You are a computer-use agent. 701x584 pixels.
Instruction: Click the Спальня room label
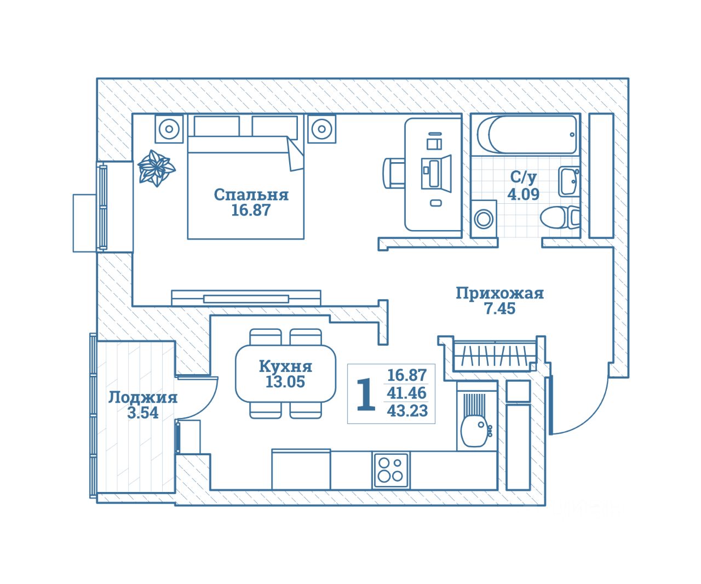click(x=251, y=194)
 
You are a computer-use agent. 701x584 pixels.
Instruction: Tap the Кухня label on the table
click(x=285, y=366)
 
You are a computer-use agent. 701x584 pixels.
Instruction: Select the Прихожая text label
click(x=499, y=294)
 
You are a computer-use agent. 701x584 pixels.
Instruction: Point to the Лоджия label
click(x=142, y=397)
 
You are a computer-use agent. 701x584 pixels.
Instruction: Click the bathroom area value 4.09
click(x=524, y=194)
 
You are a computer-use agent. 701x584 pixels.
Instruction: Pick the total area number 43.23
click(x=407, y=411)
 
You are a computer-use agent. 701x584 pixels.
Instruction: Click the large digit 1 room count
click(x=366, y=394)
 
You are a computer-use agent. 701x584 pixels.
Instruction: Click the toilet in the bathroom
click(x=559, y=217)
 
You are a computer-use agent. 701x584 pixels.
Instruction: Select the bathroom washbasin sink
click(x=568, y=181)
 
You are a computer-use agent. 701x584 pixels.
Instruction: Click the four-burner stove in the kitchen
click(x=390, y=470)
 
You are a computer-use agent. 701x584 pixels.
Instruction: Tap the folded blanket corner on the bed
click(x=295, y=155)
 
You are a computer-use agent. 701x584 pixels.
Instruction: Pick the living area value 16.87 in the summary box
click(x=407, y=375)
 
